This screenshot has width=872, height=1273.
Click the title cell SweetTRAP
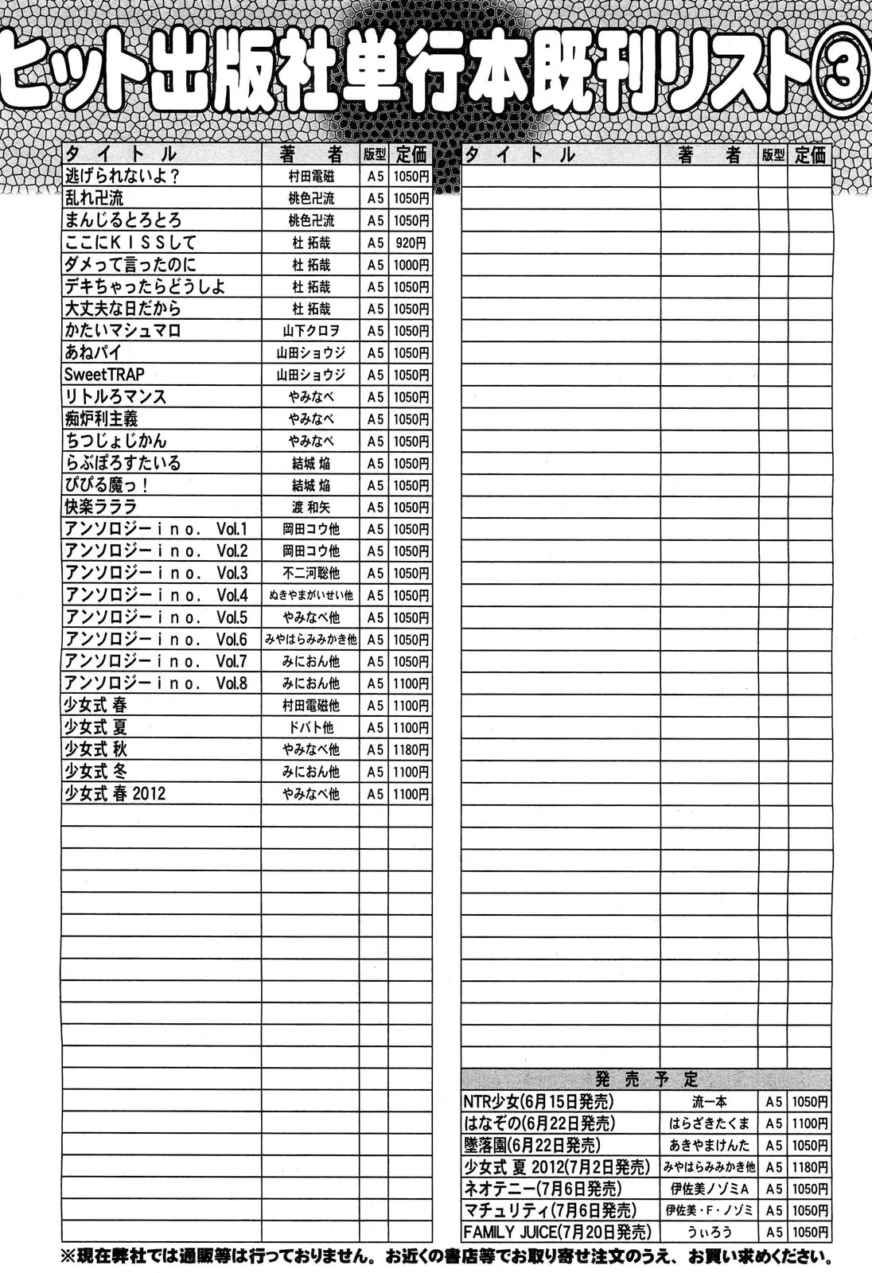pos(106,375)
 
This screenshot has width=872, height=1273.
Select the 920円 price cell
pos(410,243)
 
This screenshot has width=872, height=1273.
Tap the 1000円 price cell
pos(410,265)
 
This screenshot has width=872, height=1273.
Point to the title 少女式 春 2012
pos(116,793)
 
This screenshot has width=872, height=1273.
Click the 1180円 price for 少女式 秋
pos(410,749)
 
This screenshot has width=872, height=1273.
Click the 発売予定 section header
pos(646,1079)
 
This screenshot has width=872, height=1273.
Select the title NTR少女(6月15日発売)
pos(539,1102)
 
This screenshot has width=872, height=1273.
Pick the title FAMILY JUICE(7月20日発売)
pos(558,1232)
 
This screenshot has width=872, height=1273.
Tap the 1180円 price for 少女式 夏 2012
pos(810,1167)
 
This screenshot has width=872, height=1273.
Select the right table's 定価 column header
pos(809,154)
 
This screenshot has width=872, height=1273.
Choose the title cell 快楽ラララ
pos(102,507)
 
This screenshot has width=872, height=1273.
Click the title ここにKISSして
pos(130,243)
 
